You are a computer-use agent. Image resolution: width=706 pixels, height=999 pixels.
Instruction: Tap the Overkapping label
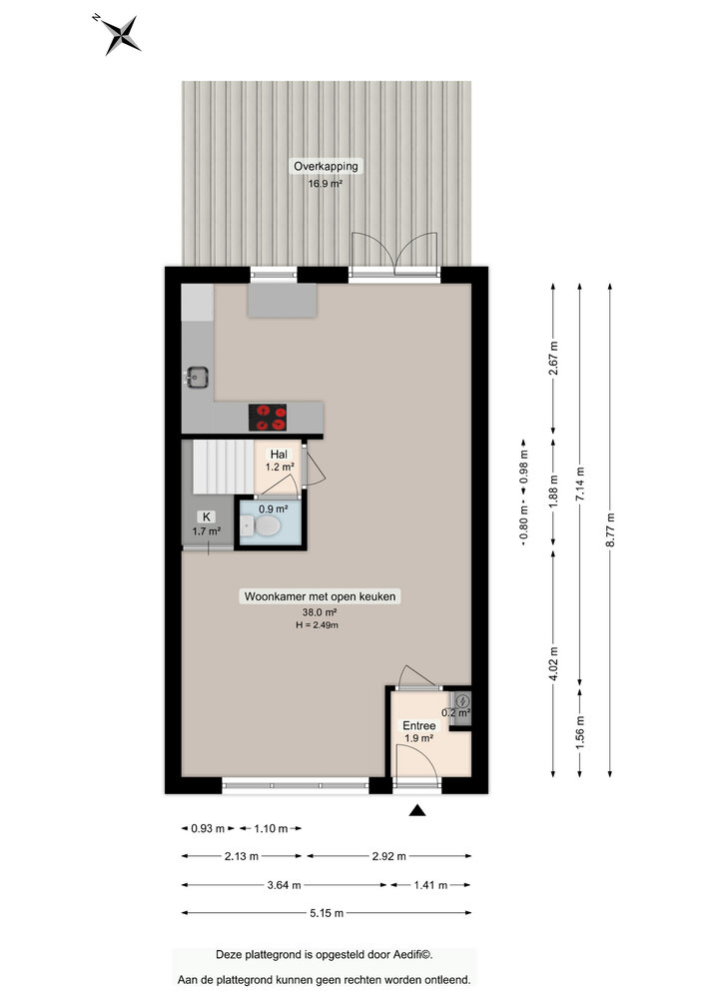click(x=325, y=166)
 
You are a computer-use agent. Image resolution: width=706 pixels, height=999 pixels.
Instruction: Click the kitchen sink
click(x=196, y=377)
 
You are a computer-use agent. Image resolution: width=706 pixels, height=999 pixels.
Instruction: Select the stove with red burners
click(x=267, y=417)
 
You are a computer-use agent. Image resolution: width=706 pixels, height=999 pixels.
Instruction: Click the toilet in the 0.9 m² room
click(x=265, y=532)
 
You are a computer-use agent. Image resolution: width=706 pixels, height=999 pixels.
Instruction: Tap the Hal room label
click(x=279, y=454)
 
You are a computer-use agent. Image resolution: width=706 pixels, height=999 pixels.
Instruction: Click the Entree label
click(x=418, y=725)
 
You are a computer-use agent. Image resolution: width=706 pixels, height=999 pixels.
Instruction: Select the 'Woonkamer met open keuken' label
click(x=321, y=596)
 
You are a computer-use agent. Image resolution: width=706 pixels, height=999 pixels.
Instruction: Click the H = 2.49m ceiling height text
click(x=317, y=625)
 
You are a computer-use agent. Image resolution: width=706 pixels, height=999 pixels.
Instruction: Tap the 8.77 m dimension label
click(x=611, y=530)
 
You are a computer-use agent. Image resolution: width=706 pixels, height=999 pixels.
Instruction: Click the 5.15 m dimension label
click(x=326, y=913)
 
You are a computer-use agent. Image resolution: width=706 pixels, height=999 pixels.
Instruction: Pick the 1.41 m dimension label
click(x=430, y=885)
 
